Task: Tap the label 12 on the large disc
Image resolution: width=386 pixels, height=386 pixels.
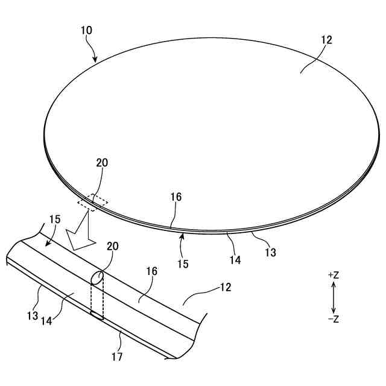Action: click(326, 40)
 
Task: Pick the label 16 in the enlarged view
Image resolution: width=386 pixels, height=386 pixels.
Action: click(151, 271)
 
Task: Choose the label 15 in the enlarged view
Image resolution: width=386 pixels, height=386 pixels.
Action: click(54, 220)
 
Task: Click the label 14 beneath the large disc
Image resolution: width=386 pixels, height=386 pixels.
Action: click(235, 260)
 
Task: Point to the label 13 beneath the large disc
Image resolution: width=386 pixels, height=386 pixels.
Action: click(270, 253)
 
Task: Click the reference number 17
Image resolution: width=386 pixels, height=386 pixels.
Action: click(117, 356)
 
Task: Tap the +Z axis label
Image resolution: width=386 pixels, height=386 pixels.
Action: click(333, 275)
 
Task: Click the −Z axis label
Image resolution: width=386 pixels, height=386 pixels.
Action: click(333, 319)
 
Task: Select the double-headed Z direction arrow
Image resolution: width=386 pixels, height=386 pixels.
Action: click(333, 297)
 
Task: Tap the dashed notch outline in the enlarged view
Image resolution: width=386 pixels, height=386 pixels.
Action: click(96, 296)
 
